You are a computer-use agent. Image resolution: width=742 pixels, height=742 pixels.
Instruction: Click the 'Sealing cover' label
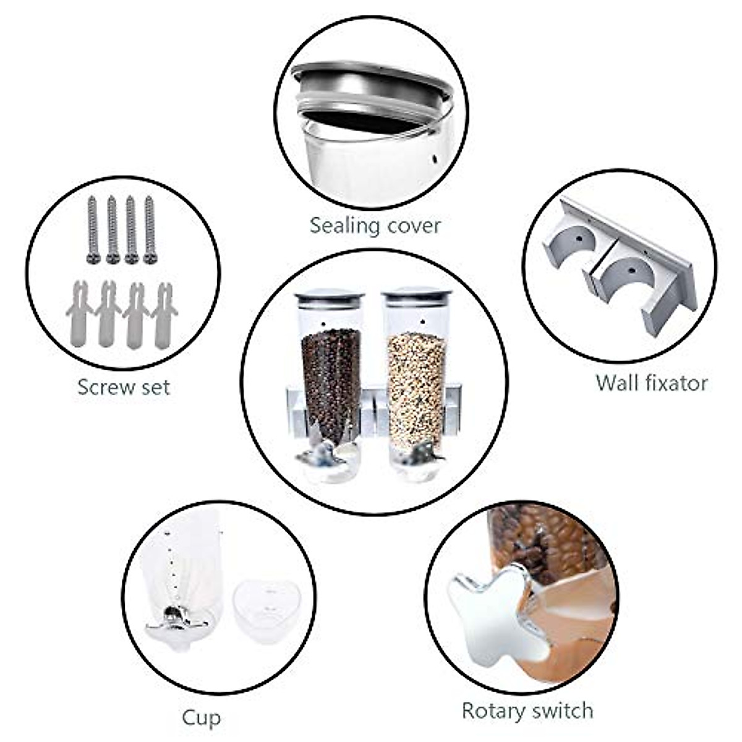click(375, 225)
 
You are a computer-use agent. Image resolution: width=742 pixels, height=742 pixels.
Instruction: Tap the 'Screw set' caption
click(123, 387)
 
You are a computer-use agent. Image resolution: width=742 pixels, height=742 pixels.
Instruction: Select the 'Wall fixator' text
click(651, 383)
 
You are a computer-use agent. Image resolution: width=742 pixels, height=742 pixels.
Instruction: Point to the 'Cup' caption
click(201, 718)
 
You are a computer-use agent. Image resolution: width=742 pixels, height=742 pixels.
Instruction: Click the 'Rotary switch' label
click(527, 710)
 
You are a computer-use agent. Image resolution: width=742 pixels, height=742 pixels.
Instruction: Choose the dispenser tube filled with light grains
click(416, 383)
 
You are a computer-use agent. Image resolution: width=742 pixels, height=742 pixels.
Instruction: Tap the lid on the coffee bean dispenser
click(330, 297)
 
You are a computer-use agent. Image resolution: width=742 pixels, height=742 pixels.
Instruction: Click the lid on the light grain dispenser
click(417, 296)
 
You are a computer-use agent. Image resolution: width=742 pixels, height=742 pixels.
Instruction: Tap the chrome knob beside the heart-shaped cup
click(176, 621)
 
